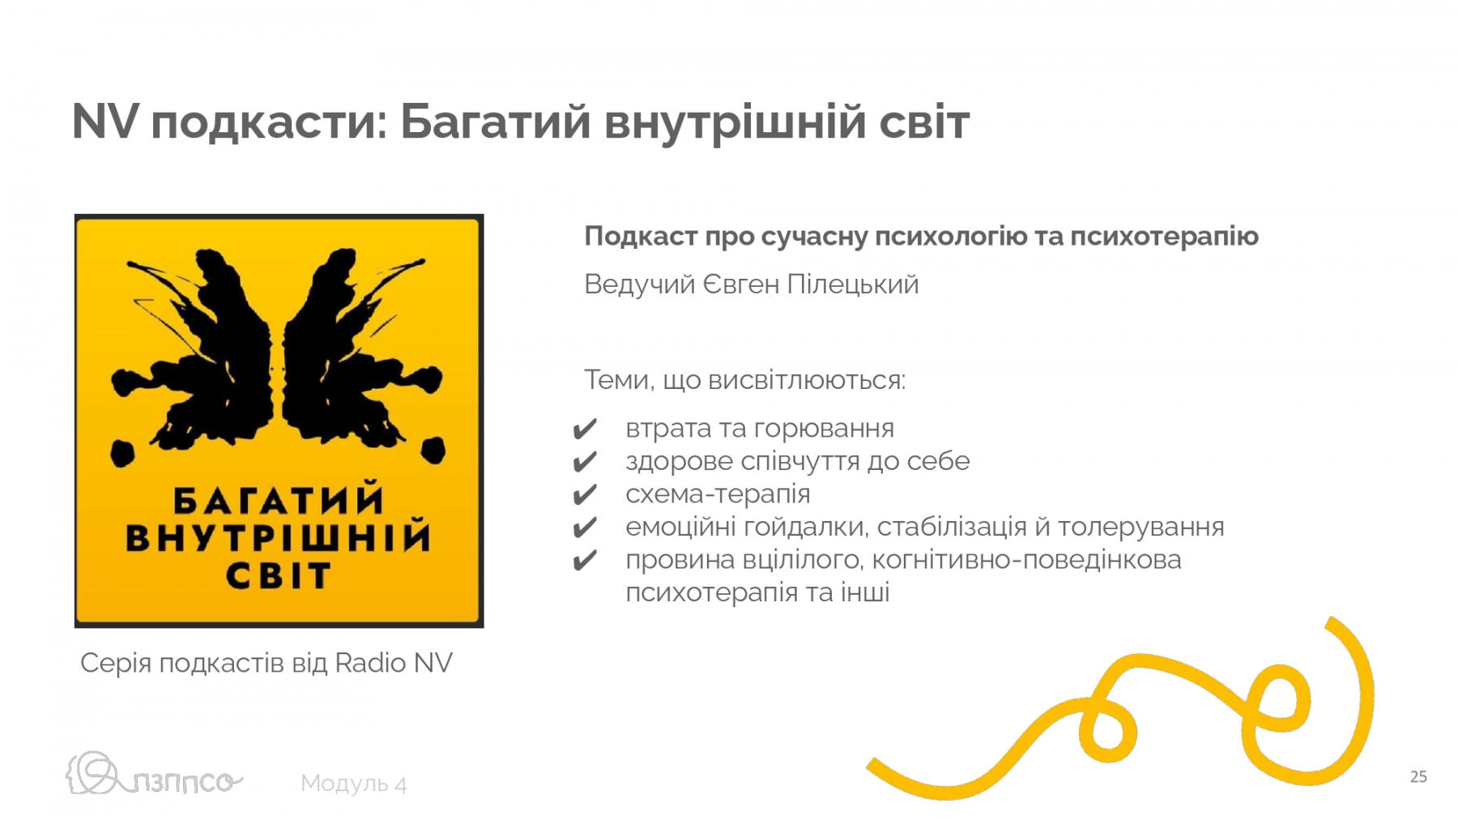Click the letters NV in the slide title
(105, 122)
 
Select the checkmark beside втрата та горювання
(584, 429)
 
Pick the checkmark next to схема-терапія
(584, 494)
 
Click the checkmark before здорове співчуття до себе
(584, 462)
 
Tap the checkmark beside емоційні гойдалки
(584, 528)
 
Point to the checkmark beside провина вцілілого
(584, 560)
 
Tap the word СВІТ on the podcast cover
(278, 575)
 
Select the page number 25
(1418, 776)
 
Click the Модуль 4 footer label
(354, 784)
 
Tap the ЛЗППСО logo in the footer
(154, 774)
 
